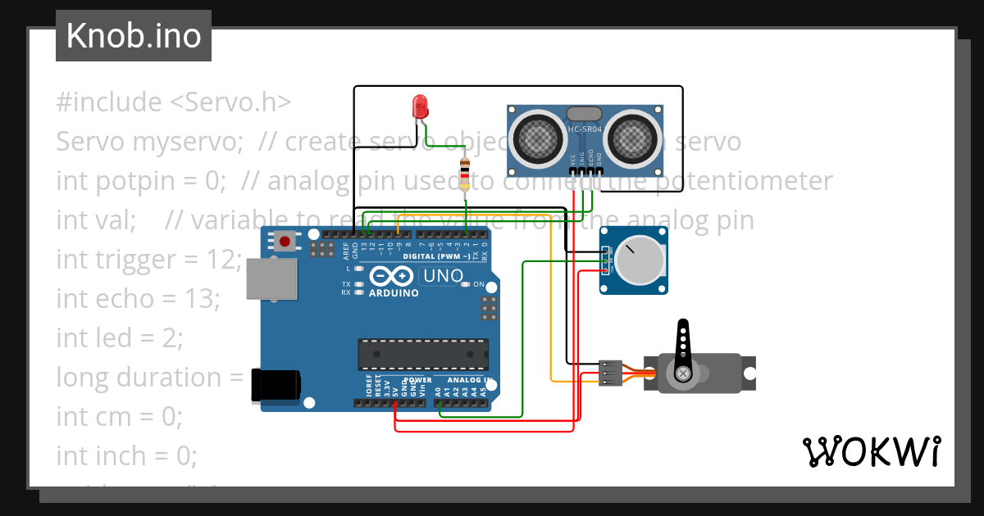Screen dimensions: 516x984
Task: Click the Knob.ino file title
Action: coord(133,36)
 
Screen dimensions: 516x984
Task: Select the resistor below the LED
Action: coord(466,174)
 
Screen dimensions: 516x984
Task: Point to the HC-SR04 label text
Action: coord(585,129)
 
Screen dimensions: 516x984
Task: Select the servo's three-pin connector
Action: coord(610,373)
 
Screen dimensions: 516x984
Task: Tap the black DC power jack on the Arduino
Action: coord(275,385)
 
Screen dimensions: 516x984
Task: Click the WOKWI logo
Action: coord(871,452)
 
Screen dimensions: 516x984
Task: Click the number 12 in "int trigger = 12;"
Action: coord(221,260)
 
